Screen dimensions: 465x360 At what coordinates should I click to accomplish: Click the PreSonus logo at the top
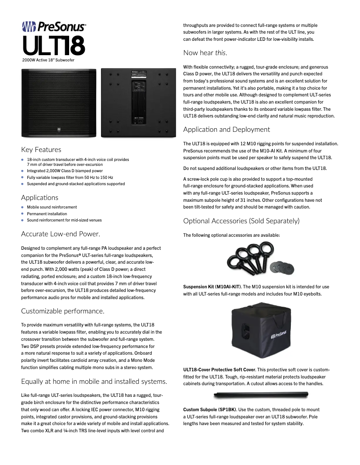(x=54, y=27)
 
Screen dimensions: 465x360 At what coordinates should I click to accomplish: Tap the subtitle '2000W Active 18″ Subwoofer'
(x=48, y=59)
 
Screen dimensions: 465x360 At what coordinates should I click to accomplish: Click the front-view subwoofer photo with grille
(x=58, y=102)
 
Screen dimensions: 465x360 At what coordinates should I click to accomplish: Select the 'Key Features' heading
(x=41, y=150)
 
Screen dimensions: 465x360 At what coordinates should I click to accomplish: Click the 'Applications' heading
(x=40, y=198)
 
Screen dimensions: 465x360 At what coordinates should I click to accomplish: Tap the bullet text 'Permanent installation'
(x=47, y=214)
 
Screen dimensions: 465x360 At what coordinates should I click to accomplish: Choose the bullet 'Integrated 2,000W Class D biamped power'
(x=65, y=171)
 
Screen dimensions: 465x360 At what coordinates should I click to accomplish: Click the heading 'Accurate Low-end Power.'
(x=60, y=234)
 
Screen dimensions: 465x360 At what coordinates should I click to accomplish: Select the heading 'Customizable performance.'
(x=62, y=311)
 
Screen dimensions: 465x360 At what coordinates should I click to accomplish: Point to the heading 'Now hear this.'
(x=205, y=53)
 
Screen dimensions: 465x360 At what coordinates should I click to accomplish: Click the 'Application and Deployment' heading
(x=226, y=130)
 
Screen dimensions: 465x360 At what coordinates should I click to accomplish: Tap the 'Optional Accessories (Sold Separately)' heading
(x=241, y=221)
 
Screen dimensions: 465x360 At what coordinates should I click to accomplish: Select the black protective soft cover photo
(x=256, y=330)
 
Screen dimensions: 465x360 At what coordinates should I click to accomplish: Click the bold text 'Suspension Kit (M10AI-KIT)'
(x=212, y=287)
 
